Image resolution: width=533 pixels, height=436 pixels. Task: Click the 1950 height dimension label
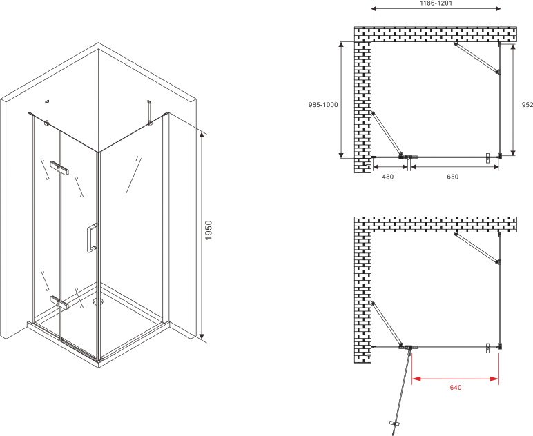[x=209, y=230]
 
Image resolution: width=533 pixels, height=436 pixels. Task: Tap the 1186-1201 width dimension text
[x=436, y=3]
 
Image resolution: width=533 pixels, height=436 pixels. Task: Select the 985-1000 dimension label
[x=323, y=105]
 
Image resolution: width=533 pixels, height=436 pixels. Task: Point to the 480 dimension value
[x=388, y=177]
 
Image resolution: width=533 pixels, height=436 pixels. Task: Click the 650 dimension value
[x=453, y=177]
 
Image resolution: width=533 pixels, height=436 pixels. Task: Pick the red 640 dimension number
[x=456, y=388]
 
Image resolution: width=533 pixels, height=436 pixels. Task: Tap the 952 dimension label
[x=527, y=105]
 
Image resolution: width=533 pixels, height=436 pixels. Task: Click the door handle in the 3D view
[x=93, y=238]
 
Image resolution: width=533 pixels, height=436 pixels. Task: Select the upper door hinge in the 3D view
[x=59, y=168]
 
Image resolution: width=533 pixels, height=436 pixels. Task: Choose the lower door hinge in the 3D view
[x=59, y=303]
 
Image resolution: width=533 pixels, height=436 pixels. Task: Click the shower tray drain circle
[x=99, y=301]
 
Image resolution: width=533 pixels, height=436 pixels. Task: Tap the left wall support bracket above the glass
[x=46, y=112]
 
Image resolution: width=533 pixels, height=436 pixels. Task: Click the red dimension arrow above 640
[x=455, y=379]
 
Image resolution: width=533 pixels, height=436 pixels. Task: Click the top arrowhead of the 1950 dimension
[x=202, y=135]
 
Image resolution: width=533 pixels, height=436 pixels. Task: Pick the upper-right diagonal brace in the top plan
[x=477, y=57]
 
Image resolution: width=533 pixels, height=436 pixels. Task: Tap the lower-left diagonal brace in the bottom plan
[x=387, y=325]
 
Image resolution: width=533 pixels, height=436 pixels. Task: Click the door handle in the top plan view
[x=488, y=158]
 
